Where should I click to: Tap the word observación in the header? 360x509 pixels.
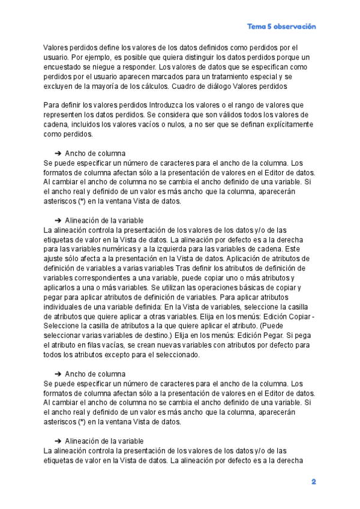click(295, 26)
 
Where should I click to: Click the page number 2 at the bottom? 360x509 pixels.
click(313, 481)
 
